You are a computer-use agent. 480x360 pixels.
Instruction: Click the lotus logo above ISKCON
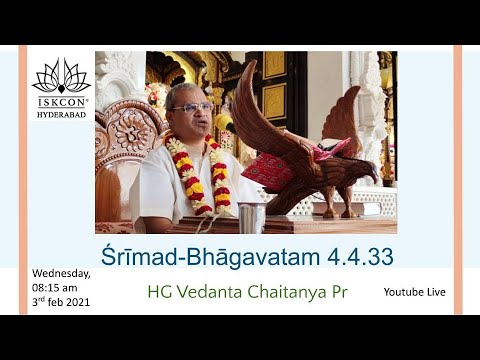point(62,78)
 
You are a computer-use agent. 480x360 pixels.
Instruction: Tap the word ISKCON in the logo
point(62,101)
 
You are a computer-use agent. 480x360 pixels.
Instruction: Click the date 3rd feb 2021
point(62,302)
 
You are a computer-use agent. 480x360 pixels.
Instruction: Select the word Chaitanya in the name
point(294,293)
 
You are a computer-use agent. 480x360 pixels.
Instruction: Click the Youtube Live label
point(414,293)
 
